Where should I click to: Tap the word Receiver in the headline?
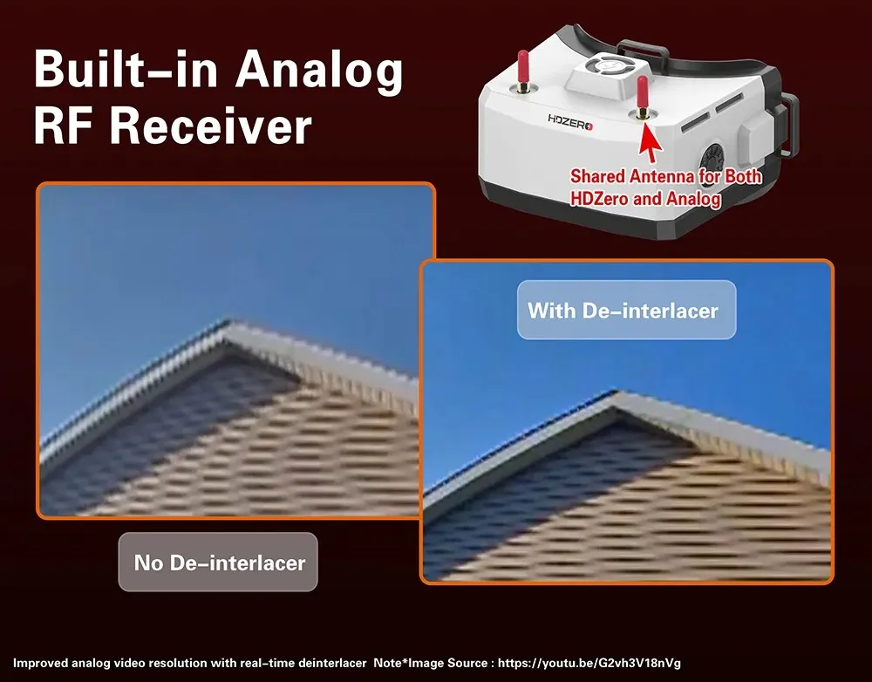tap(211, 126)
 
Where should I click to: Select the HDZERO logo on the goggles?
tap(570, 122)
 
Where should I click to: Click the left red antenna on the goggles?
tap(522, 72)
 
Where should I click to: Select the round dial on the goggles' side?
tap(712, 161)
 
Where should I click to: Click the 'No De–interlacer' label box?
tap(218, 562)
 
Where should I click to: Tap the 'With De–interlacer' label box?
tap(627, 310)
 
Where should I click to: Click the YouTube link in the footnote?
tap(589, 663)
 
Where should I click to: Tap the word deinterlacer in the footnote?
tap(332, 663)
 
